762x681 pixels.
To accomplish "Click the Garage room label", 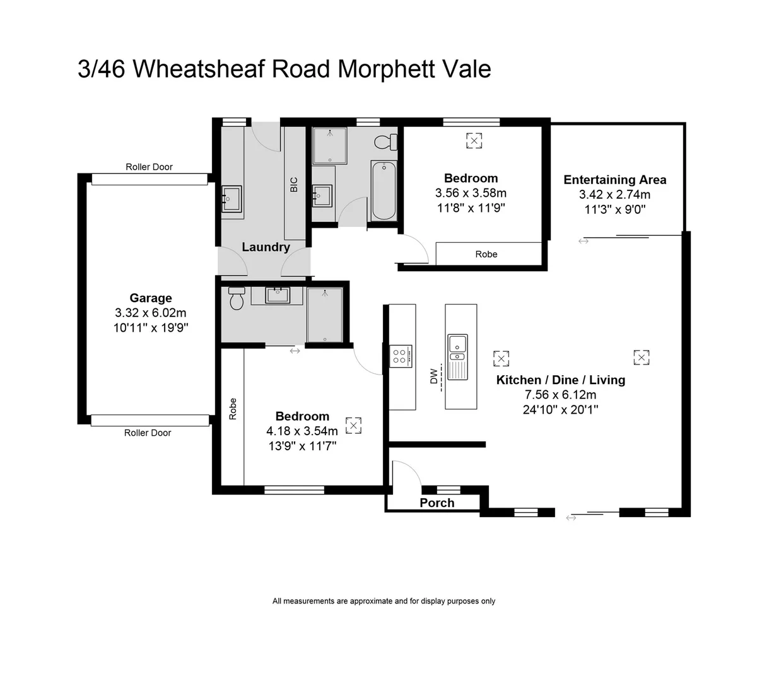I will pyautogui.click(x=151, y=298).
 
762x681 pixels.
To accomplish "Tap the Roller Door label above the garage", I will pyautogui.click(x=149, y=167).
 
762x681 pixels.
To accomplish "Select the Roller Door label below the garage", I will pyautogui.click(x=148, y=433).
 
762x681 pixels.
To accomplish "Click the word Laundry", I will pyautogui.click(x=266, y=247).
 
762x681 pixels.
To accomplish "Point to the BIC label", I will pyautogui.click(x=293, y=184).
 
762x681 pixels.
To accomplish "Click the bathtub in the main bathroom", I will pyautogui.click(x=383, y=190).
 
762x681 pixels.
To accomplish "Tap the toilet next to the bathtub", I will pyautogui.click(x=384, y=141).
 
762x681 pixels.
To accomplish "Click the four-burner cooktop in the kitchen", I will pyautogui.click(x=401, y=356).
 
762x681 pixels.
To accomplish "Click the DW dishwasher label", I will pyautogui.click(x=434, y=377).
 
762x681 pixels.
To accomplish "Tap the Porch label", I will pyautogui.click(x=437, y=503).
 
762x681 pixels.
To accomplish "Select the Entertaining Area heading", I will pyautogui.click(x=614, y=180).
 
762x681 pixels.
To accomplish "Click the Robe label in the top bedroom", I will pyautogui.click(x=486, y=254).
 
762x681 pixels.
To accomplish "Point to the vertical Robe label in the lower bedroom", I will pyautogui.click(x=233, y=409).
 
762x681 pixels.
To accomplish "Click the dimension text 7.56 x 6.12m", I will pyautogui.click(x=560, y=395).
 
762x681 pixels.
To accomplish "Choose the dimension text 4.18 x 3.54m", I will pyautogui.click(x=302, y=431).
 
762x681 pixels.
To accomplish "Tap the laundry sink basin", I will pyautogui.click(x=232, y=198).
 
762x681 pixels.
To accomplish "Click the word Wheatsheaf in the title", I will pyautogui.click(x=199, y=69).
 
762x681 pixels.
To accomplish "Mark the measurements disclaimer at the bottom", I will pyautogui.click(x=384, y=601).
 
